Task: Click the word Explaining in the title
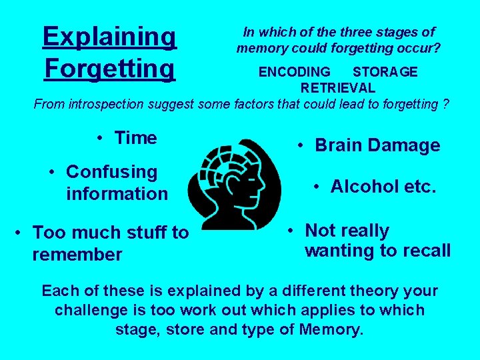(109, 37)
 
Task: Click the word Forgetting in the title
(109, 67)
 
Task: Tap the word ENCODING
(294, 72)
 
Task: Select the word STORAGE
(385, 72)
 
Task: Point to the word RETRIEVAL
(337, 87)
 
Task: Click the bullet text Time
(136, 138)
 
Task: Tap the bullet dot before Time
(98, 138)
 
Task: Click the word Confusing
(112, 172)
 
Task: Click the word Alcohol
(364, 187)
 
